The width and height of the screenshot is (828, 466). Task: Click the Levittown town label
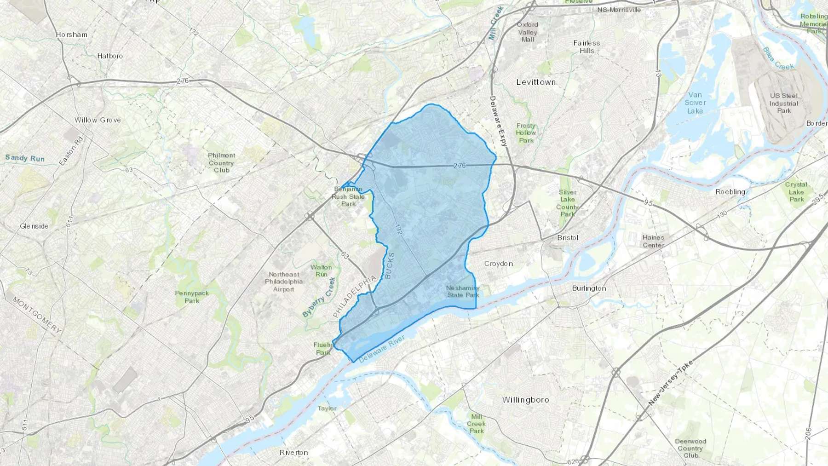(x=536, y=82)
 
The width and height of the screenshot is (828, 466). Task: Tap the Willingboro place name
(x=525, y=400)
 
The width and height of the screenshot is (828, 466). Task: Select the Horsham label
(x=71, y=35)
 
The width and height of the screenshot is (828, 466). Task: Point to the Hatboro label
(x=110, y=56)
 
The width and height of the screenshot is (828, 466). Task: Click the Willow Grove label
(x=98, y=120)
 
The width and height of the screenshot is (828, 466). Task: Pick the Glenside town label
(x=34, y=226)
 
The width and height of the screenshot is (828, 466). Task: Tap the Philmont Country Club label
(x=221, y=163)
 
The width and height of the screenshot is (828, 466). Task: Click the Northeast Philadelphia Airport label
(x=284, y=282)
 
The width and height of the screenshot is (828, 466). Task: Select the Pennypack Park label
(x=192, y=297)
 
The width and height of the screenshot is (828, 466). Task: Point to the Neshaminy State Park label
(x=463, y=292)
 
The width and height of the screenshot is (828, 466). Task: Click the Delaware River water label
(x=382, y=349)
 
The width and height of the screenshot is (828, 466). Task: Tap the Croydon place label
(x=498, y=264)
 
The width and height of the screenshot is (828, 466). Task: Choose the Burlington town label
(x=589, y=288)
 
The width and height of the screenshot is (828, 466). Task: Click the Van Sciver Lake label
(x=695, y=103)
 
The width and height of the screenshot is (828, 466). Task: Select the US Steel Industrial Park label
(x=784, y=103)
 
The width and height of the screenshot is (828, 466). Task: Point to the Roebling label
(x=730, y=192)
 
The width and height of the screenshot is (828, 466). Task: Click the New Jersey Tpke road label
(x=671, y=383)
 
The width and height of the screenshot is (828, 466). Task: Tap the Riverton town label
(x=293, y=452)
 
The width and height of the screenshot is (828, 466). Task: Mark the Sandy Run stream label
(x=25, y=158)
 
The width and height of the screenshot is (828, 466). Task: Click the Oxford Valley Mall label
(x=528, y=32)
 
